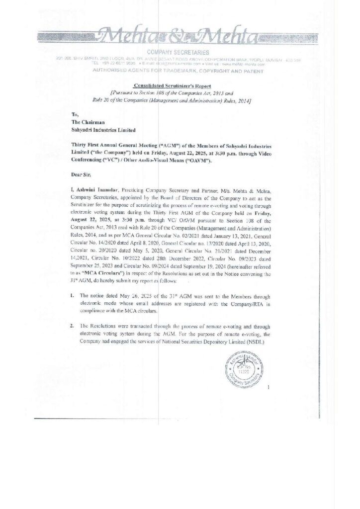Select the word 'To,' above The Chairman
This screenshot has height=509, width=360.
coord(75,114)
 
